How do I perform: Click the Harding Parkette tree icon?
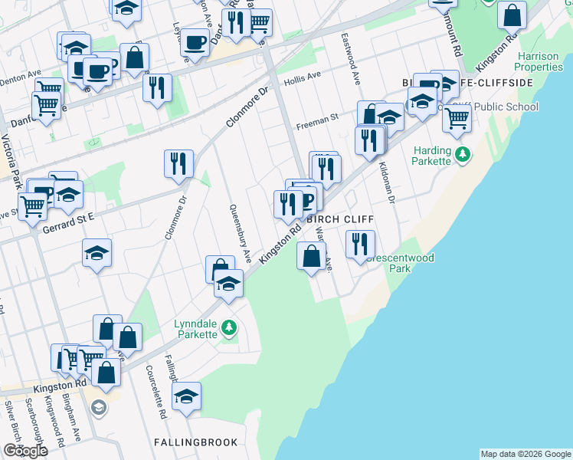pyautogui.click(x=462, y=155)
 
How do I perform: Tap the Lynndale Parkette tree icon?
pyautogui.click(x=228, y=329)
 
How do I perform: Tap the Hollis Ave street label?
pyautogui.click(x=303, y=77)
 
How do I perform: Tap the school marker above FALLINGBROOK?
pyautogui.click(x=186, y=397)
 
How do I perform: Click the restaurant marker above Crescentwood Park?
pyautogui.click(x=359, y=245)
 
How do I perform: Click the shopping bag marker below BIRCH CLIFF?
pyautogui.click(x=311, y=256)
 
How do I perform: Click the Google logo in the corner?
pyautogui.click(x=25, y=451)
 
